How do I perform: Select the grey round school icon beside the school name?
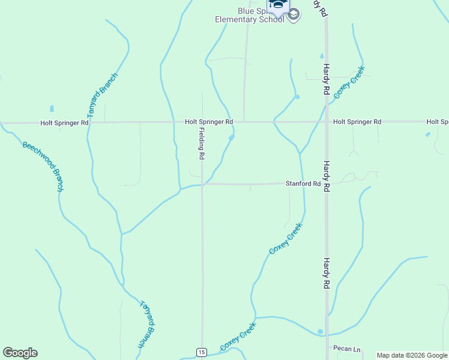pyautogui.click(x=294, y=16)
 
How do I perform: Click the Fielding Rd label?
pyautogui.click(x=202, y=143)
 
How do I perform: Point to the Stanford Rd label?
pyautogui.click(x=303, y=184)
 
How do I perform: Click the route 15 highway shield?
pyautogui.click(x=202, y=352)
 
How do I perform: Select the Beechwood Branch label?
pyautogui.click(x=43, y=166)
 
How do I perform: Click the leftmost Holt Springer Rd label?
pyautogui.click(x=64, y=122)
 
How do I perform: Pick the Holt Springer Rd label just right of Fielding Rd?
pyautogui.click(x=209, y=122)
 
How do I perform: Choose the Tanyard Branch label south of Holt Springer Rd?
pyautogui.click(x=148, y=324)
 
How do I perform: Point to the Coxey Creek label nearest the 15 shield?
pyautogui.click(x=238, y=337)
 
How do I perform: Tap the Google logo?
pyautogui.click(x=20, y=353)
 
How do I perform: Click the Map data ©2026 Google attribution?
pyautogui.click(x=412, y=355)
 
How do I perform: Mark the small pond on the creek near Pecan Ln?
pyautogui.click(x=321, y=331)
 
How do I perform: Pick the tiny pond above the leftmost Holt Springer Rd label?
pyautogui.click(x=52, y=109)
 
